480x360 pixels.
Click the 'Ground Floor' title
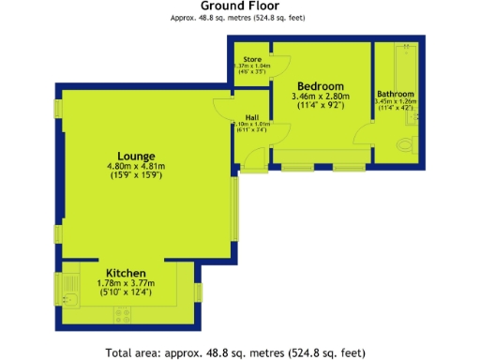239,7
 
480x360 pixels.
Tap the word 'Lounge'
136,156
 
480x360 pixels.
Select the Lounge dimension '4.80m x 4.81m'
136,168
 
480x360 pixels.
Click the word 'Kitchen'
126,272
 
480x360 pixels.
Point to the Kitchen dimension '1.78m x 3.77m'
126,283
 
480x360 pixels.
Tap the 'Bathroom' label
397,94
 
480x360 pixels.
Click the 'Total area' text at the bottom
235,352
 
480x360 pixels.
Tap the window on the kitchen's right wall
198,292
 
